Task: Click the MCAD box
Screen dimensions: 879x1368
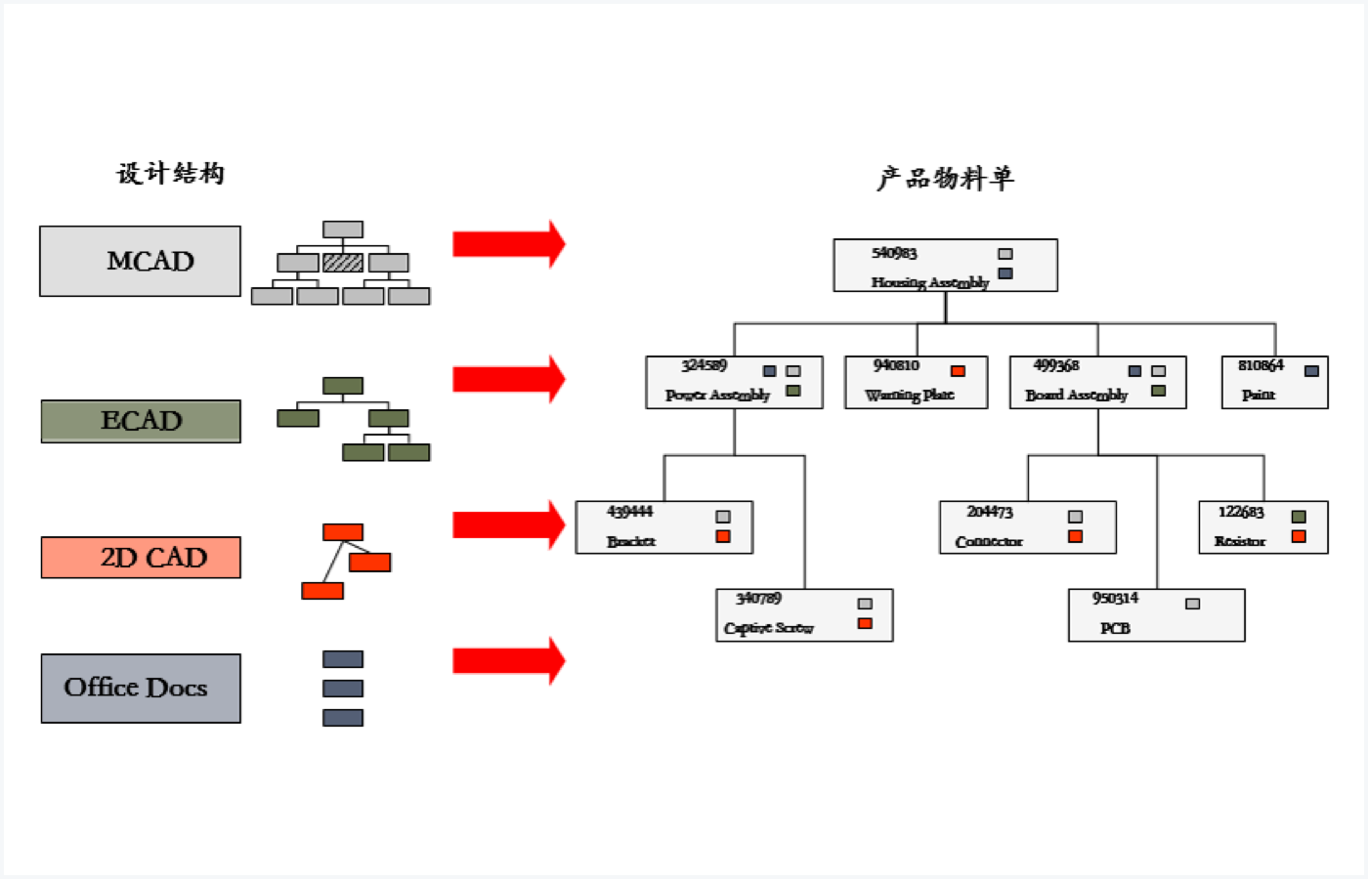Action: click(x=140, y=261)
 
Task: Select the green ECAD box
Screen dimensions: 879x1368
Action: click(x=141, y=421)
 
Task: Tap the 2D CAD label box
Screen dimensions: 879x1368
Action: click(x=141, y=557)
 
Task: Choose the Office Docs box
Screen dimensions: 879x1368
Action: click(x=141, y=688)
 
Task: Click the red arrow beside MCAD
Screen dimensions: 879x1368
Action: click(x=508, y=244)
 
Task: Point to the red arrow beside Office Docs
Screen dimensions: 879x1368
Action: click(x=508, y=661)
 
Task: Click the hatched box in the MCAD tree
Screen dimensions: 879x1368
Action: click(x=343, y=263)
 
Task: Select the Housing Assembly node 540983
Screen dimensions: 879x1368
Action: click(x=945, y=266)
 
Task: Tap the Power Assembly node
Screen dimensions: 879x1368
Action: click(x=734, y=382)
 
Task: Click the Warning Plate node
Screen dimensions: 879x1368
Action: click(x=916, y=382)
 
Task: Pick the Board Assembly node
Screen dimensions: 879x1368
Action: click(x=1097, y=382)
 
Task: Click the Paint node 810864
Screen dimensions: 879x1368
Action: click(x=1274, y=382)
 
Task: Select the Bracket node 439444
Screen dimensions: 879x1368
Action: click(x=663, y=527)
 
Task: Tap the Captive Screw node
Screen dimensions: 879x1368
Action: click(x=804, y=614)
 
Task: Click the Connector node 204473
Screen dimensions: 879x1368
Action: click(x=1027, y=527)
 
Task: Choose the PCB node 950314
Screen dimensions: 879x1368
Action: click(x=1156, y=614)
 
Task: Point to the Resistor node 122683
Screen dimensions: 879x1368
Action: click(x=1262, y=527)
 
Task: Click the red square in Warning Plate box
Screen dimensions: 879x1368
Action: click(x=958, y=371)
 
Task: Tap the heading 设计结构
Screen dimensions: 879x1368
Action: click(x=171, y=174)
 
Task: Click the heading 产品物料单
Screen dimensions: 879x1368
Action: click(x=945, y=179)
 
